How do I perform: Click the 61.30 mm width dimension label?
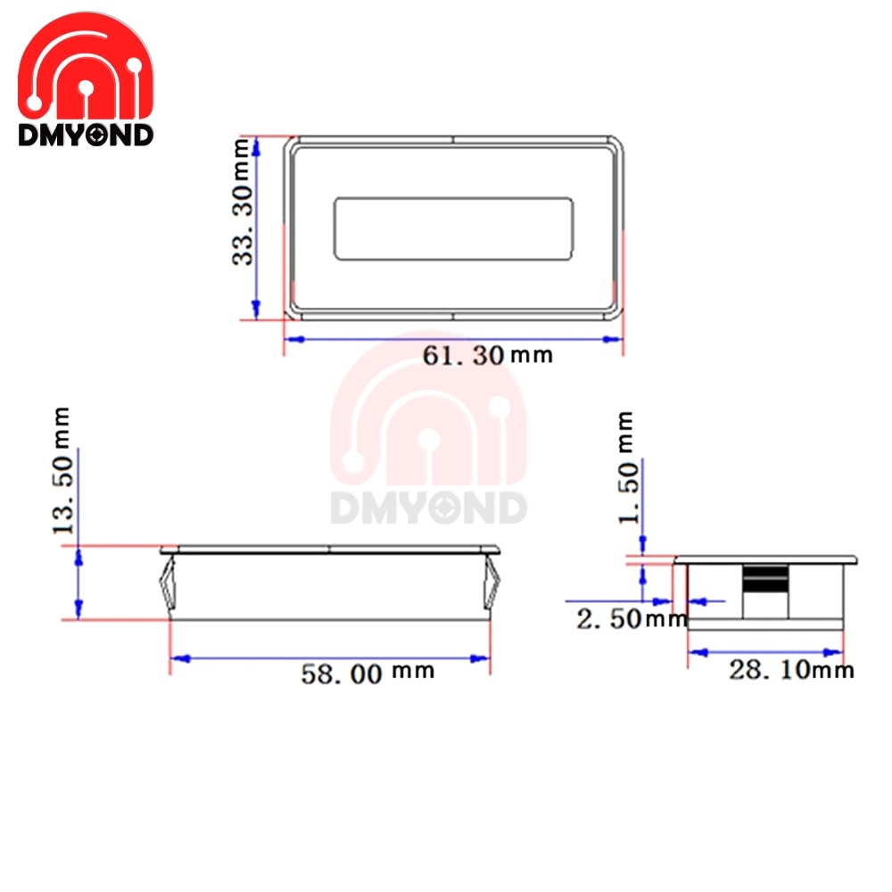487,354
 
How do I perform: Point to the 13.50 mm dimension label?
62,471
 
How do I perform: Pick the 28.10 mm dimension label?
791,669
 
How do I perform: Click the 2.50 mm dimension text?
631,618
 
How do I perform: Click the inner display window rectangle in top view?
453,229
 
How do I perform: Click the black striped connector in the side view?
764,580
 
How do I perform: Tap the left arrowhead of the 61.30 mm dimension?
292,340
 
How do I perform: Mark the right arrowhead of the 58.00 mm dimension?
483,659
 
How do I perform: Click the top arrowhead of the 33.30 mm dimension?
256,145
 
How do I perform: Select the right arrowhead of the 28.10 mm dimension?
837,652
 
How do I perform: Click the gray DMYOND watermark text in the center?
429,508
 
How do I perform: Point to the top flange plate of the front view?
330,549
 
